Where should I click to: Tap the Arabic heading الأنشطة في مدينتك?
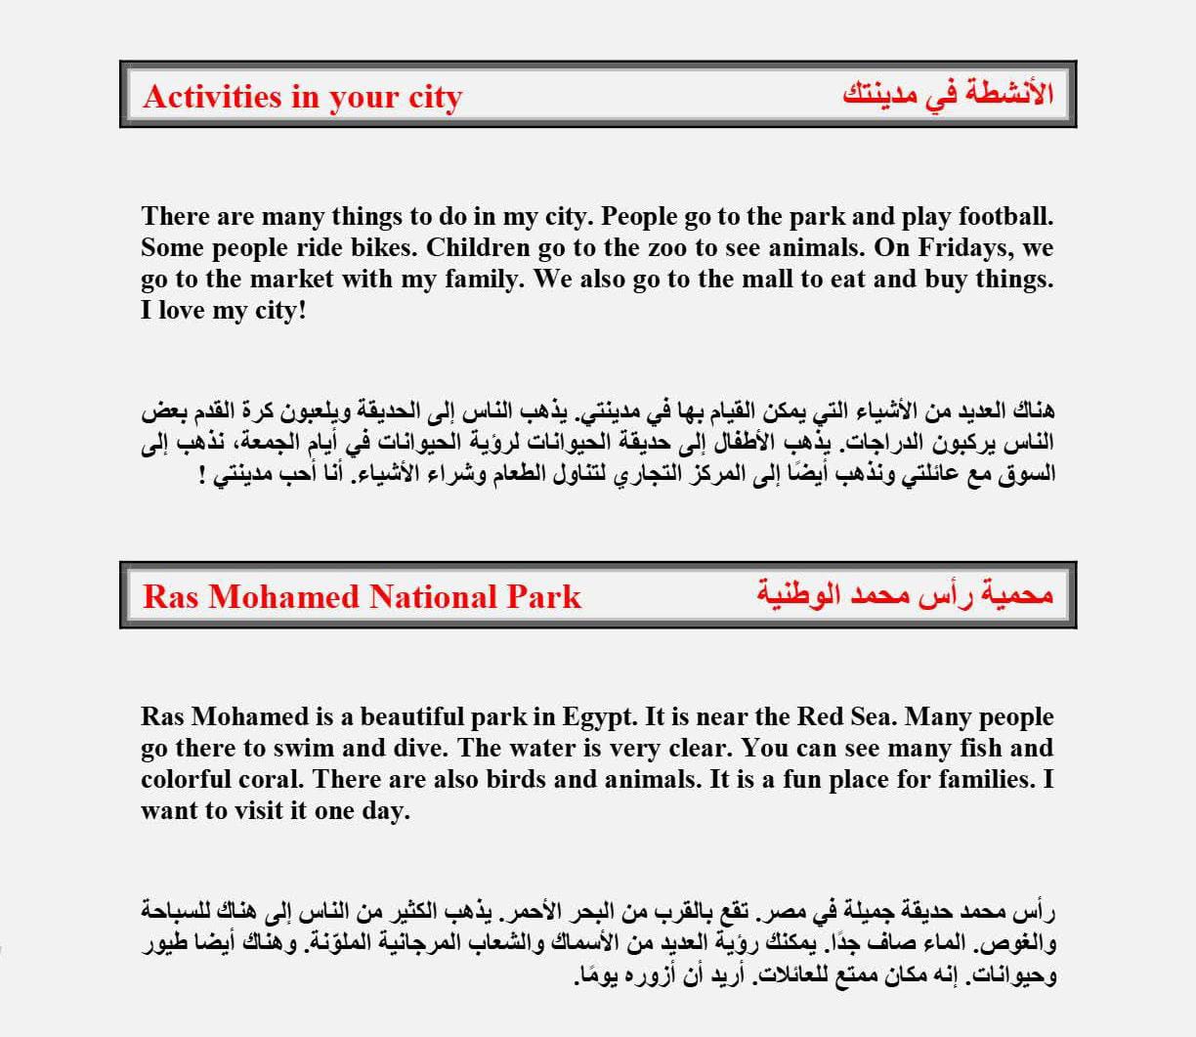click(947, 95)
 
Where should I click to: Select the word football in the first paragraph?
click(1005, 216)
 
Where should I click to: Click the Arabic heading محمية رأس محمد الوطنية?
click(905, 594)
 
